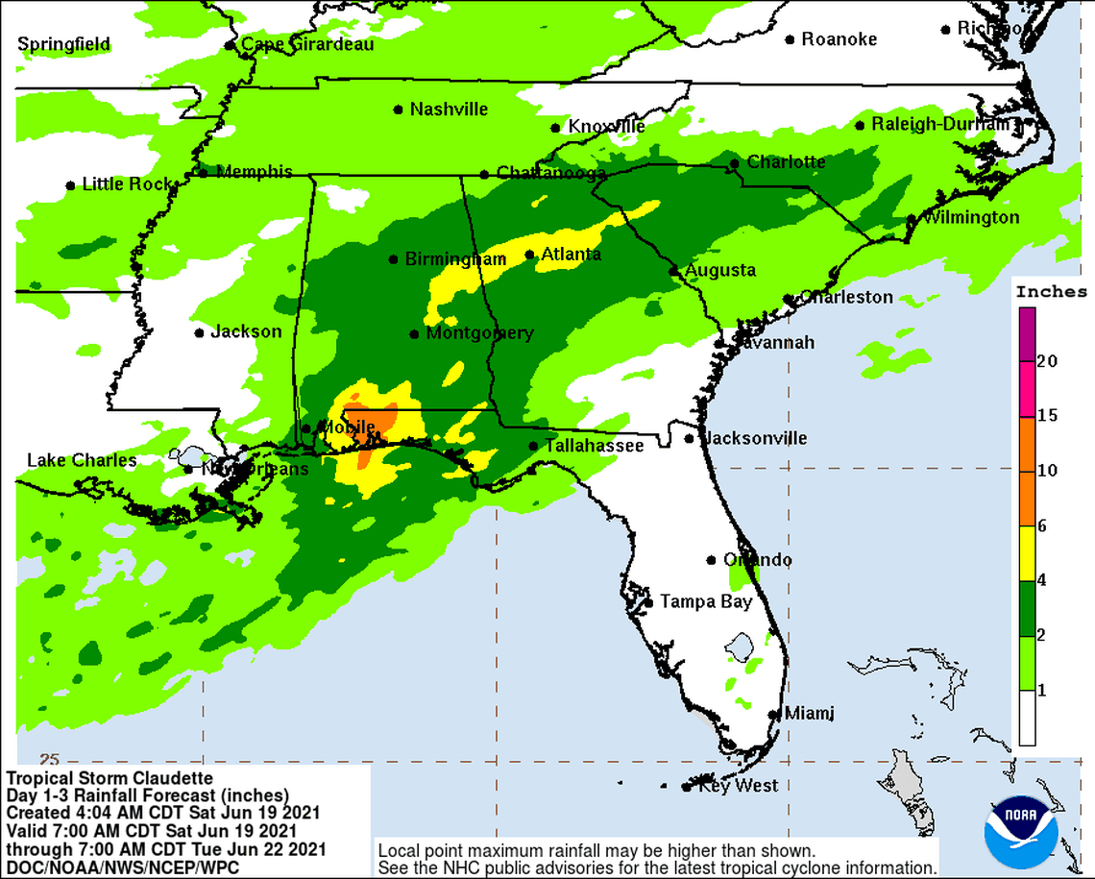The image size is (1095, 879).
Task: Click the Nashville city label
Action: pos(449,110)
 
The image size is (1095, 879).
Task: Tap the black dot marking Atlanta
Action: pos(529,255)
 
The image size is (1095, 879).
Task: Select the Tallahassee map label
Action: pos(594,446)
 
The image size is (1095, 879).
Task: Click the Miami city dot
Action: pos(774,714)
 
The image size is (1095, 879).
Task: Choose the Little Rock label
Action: pos(127,184)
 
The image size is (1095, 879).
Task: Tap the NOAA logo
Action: pos(1022,831)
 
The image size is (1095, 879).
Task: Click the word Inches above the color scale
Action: pos(1051,292)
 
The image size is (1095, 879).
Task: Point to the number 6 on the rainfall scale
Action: pos(1042,525)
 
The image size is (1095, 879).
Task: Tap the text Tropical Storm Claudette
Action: pos(96,777)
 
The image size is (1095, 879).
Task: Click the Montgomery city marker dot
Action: pos(414,334)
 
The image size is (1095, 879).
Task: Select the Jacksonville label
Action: pos(755,439)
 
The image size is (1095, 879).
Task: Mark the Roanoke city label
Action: pos(839,39)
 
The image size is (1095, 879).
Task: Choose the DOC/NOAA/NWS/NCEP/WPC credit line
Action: pos(122,867)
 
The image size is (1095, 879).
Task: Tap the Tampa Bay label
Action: pos(705,602)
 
